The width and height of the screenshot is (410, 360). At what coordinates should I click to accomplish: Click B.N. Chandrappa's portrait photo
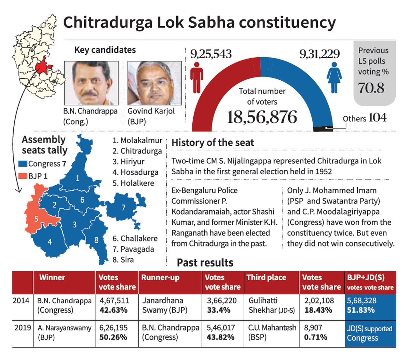(x=91, y=83)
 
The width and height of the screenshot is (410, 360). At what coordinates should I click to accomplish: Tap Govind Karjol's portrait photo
(x=154, y=83)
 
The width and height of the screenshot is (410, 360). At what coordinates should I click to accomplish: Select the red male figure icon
(x=196, y=78)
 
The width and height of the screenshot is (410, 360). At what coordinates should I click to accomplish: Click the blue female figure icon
(x=334, y=78)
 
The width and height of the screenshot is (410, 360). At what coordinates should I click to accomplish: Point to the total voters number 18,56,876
(x=262, y=117)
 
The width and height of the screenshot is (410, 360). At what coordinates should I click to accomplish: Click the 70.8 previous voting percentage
(x=371, y=88)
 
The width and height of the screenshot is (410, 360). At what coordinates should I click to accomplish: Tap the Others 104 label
(x=365, y=118)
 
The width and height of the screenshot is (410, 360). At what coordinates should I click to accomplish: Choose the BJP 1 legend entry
(x=33, y=176)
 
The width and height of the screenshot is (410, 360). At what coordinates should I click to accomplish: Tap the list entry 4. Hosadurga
(x=135, y=172)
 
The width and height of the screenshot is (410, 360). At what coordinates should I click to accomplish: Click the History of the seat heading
(x=213, y=143)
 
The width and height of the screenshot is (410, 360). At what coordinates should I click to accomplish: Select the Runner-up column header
(x=160, y=278)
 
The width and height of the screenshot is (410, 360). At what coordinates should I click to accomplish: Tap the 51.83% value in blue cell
(x=361, y=310)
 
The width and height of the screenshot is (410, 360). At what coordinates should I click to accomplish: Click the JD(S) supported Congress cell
(x=369, y=333)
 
